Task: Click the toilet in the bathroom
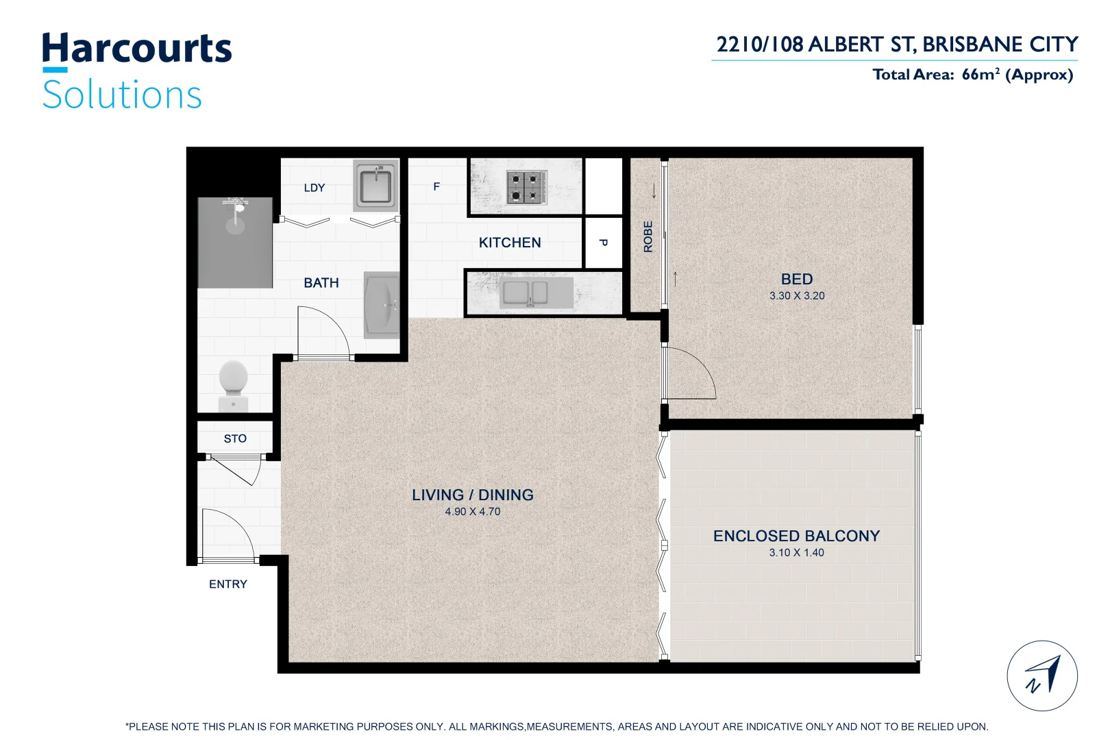coord(234,384)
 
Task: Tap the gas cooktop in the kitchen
coord(526,187)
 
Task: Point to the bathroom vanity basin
coord(381,305)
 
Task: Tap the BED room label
coord(796,279)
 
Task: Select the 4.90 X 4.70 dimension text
coord(472,512)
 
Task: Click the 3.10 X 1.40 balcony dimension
coord(796,553)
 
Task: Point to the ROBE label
coord(647,236)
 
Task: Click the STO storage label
coord(235,439)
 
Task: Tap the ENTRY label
coord(228,584)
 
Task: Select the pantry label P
coord(603,243)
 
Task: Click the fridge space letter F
coord(436,186)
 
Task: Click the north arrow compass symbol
coord(1041,676)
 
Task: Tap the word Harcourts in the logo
coord(137,49)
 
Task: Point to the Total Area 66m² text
coord(972,75)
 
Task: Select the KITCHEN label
coord(510,243)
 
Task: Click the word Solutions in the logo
coord(122,95)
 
